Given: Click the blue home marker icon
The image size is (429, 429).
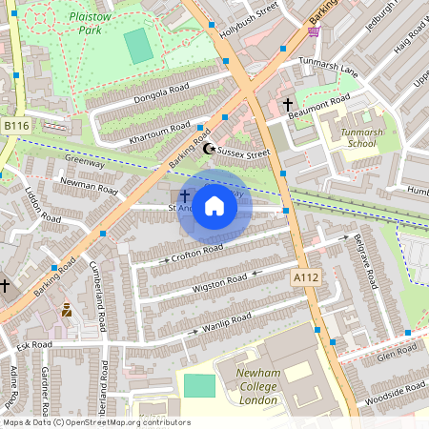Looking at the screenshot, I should click(x=214, y=206).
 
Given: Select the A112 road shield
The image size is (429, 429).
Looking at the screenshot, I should click(x=302, y=276).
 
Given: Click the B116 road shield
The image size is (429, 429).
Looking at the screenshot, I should click(x=16, y=126).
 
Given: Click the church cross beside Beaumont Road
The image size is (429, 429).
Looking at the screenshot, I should click(x=288, y=104).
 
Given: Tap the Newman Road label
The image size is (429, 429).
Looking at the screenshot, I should click(x=88, y=185).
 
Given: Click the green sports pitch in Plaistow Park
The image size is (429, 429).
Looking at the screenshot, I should click(x=138, y=46).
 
